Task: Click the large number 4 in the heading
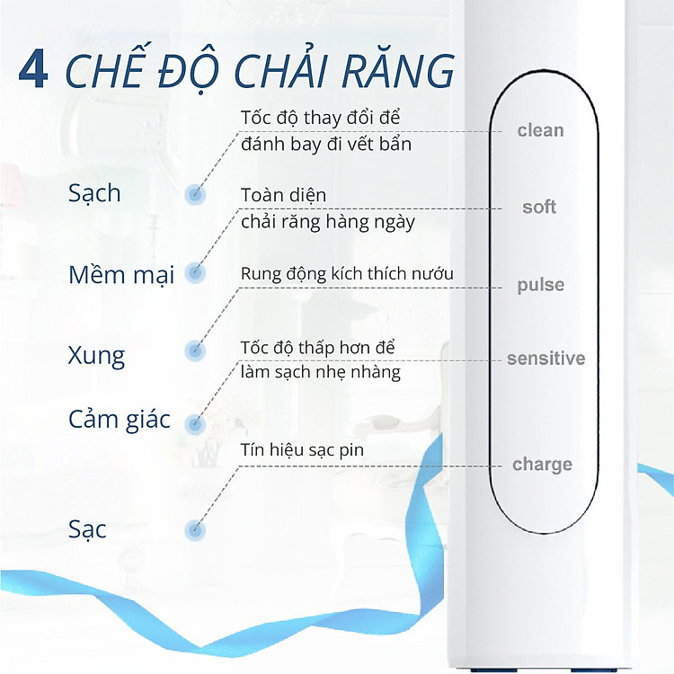(33, 69)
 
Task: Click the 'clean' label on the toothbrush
(540, 130)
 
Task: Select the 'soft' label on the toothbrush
(539, 208)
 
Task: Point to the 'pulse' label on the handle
(541, 285)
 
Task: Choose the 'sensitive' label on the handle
(545, 359)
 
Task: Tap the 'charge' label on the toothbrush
(542, 465)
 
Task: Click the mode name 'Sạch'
(94, 193)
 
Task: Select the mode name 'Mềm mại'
(121, 275)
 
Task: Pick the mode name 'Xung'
(97, 356)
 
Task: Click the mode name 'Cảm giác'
(120, 418)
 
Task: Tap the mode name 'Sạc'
(87, 529)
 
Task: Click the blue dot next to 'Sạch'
(195, 195)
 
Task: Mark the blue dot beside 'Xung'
(195, 350)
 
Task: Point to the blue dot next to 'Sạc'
(195, 530)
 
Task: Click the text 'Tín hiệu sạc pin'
(302, 450)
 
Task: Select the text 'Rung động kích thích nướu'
(347, 274)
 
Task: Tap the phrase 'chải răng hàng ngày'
(327, 222)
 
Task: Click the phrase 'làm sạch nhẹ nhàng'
(321, 372)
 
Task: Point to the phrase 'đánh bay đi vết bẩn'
(326, 144)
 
